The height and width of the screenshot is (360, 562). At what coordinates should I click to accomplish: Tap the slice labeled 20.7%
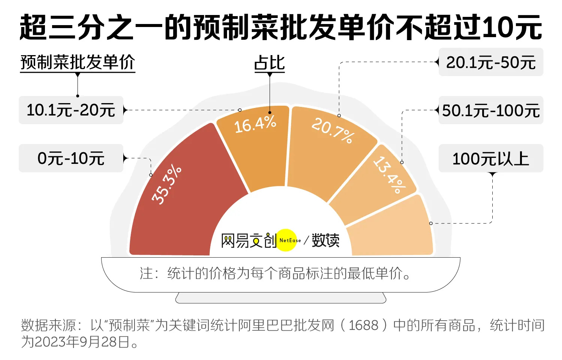[x=322, y=157]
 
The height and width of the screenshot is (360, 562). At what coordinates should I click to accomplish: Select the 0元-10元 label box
[x=71, y=158]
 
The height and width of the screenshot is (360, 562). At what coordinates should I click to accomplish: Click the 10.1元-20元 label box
[x=71, y=110]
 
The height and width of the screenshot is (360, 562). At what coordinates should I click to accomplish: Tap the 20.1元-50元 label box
[x=491, y=62]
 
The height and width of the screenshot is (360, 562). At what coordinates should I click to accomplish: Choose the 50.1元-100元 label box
[x=491, y=110]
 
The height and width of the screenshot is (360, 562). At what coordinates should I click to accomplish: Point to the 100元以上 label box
[x=491, y=158]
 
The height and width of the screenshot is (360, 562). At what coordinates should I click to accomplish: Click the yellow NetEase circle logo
[x=287, y=240]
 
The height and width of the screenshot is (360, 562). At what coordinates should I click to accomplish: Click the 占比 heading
[x=269, y=63]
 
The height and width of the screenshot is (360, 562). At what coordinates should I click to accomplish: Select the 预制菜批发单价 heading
[x=78, y=62]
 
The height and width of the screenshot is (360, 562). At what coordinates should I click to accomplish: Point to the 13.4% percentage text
[x=390, y=175]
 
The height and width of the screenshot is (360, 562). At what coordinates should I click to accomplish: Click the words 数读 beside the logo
[x=326, y=240]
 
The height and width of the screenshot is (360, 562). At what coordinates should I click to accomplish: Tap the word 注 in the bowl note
[x=146, y=273]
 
